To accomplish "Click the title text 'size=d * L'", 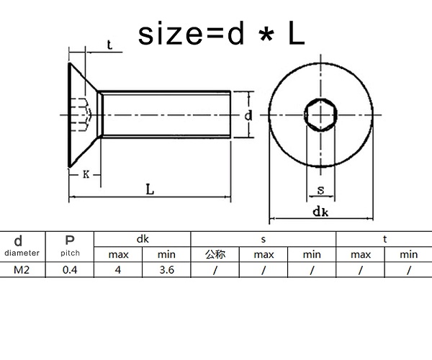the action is click(x=221, y=34).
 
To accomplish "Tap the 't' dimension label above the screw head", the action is click(x=109, y=45).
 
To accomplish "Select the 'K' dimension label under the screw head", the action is click(x=86, y=174).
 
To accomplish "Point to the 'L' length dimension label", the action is click(x=150, y=189).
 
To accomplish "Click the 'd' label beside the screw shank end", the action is click(x=248, y=115).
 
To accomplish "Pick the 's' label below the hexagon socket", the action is click(x=320, y=190).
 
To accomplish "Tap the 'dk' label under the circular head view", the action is click(x=320, y=212).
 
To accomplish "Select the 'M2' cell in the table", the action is click(x=22, y=270).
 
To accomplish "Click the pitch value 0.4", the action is click(x=70, y=270).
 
